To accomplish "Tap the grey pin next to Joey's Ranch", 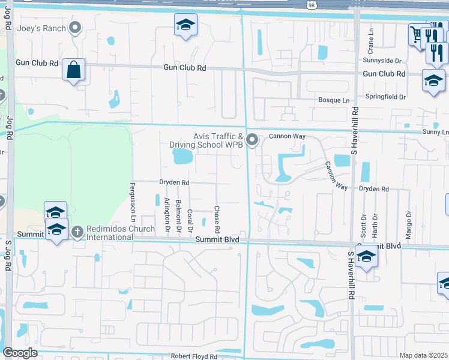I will tap(75, 28).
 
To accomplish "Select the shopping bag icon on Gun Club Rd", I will tap(73, 70).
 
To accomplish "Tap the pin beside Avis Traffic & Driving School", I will tap(252, 140).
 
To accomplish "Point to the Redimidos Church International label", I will tap(109, 233).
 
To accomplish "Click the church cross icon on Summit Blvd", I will tap(77, 232).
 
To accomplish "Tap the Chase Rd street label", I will tap(217, 220).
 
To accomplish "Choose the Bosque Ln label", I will tap(334, 100).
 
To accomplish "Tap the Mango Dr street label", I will tap(409, 224).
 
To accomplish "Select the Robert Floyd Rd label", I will tap(194, 356).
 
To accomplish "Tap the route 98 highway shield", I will tap(310, 4).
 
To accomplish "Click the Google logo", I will tap(20, 353).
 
